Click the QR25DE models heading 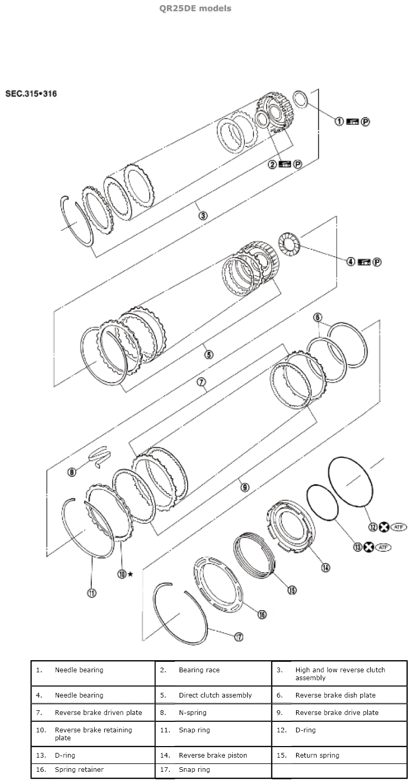(x=202, y=8)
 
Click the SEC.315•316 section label (x=31, y=94)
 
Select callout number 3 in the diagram (x=202, y=215)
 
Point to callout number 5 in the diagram (x=209, y=355)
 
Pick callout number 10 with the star (x=122, y=574)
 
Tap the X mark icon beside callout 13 (x=369, y=547)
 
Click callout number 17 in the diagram (x=239, y=637)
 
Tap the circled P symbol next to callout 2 (x=298, y=164)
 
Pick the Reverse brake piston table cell (x=213, y=755)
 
